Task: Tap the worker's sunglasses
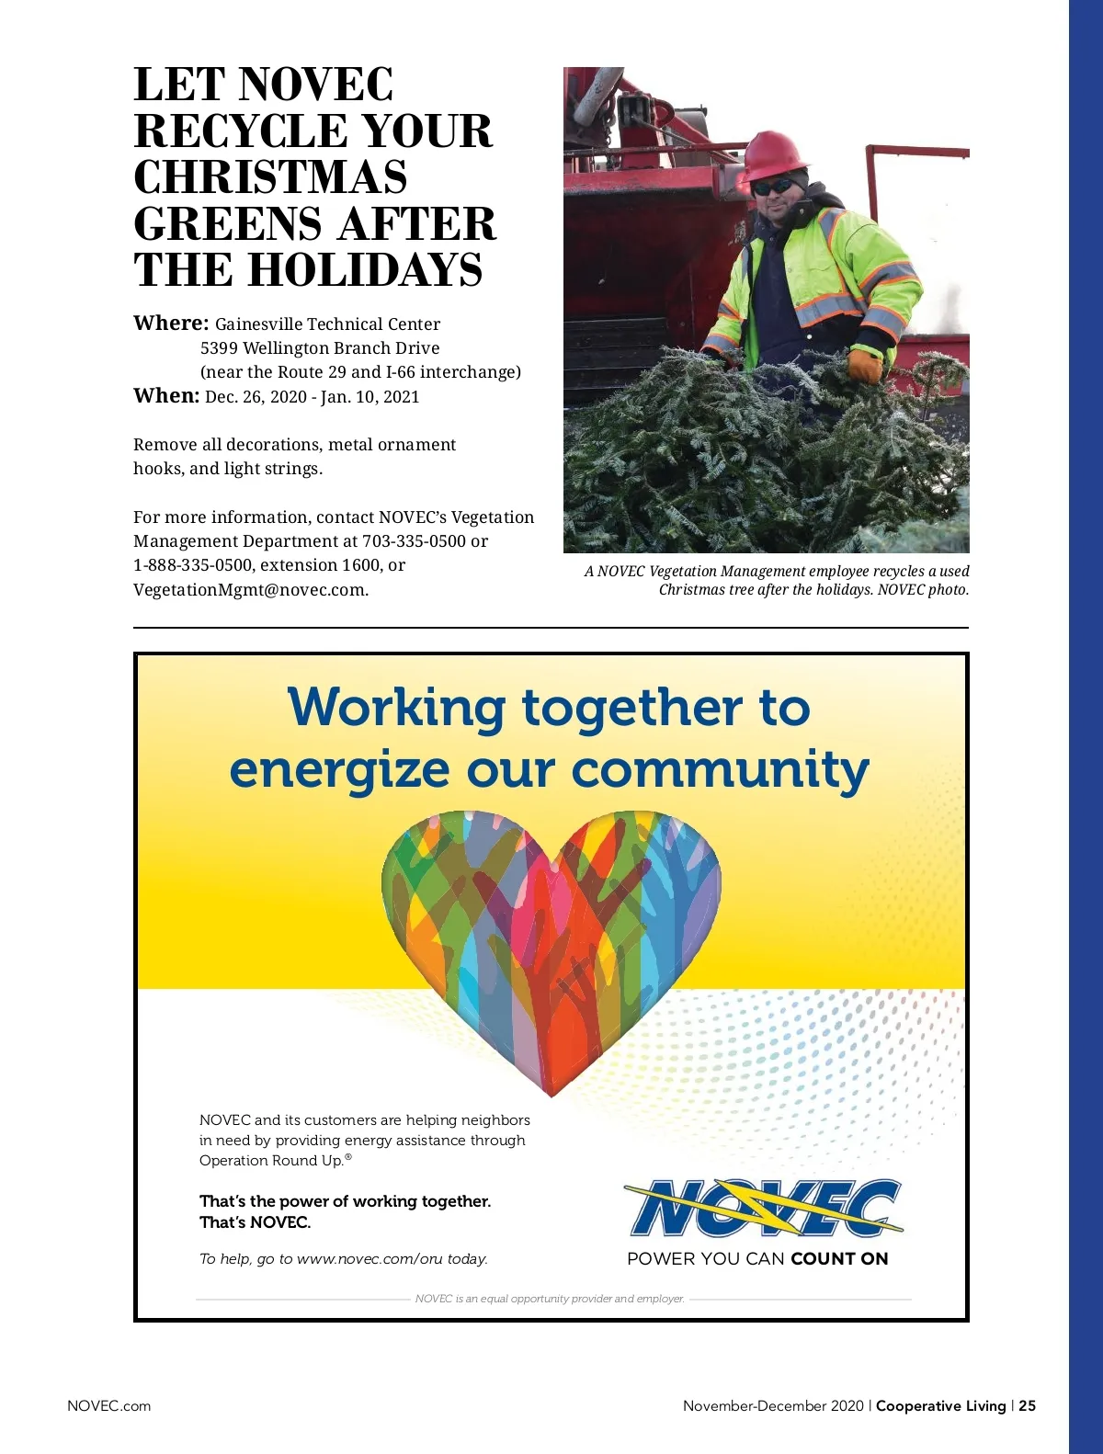(773, 187)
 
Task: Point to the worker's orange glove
(864, 366)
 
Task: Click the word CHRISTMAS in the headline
(270, 177)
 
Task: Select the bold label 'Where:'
(171, 324)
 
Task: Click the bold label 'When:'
(166, 396)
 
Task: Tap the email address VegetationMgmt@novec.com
(251, 590)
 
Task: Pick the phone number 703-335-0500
(414, 541)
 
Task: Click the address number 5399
(219, 348)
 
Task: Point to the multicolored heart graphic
(551, 937)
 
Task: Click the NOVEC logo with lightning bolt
(763, 1208)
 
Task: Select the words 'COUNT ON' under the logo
(839, 1259)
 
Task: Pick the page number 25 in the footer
(1027, 1406)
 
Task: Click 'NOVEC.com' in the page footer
(108, 1406)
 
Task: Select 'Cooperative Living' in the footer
(940, 1406)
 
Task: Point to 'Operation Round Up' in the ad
(271, 1161)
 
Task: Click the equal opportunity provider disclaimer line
(550, 1299)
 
